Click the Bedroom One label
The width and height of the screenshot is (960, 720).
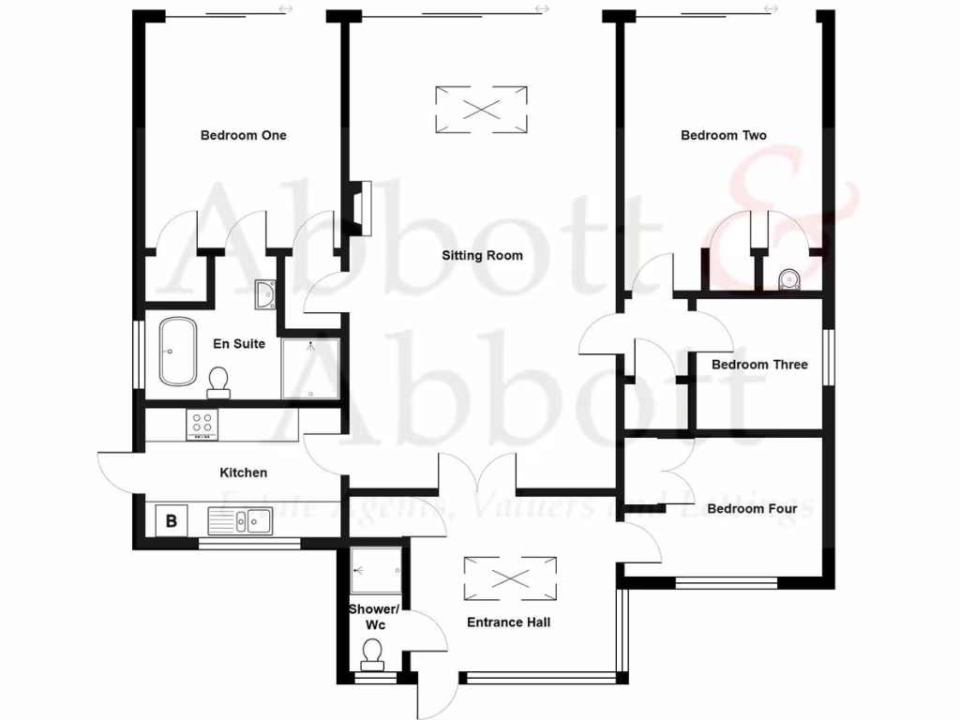[243, 135]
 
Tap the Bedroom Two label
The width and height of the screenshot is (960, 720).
[723, 135]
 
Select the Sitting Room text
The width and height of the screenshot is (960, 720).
[482, 255]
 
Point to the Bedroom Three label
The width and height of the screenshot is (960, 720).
[758, 365]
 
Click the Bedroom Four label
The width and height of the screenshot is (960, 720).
[752, 509]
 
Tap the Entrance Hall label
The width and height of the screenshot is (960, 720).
[508, 622]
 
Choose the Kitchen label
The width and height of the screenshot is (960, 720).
[243, 472]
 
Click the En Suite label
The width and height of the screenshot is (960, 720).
[239, 344]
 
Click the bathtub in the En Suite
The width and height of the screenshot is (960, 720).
[176, 352]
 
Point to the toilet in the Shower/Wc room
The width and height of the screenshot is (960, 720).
[372, 652]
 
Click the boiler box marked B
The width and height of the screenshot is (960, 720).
[172, 519]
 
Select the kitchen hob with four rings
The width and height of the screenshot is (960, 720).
[202, 425]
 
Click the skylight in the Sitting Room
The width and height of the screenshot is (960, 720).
[481, 109]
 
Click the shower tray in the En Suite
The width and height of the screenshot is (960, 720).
[310, 367]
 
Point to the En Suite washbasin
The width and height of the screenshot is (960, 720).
[264, 294]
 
